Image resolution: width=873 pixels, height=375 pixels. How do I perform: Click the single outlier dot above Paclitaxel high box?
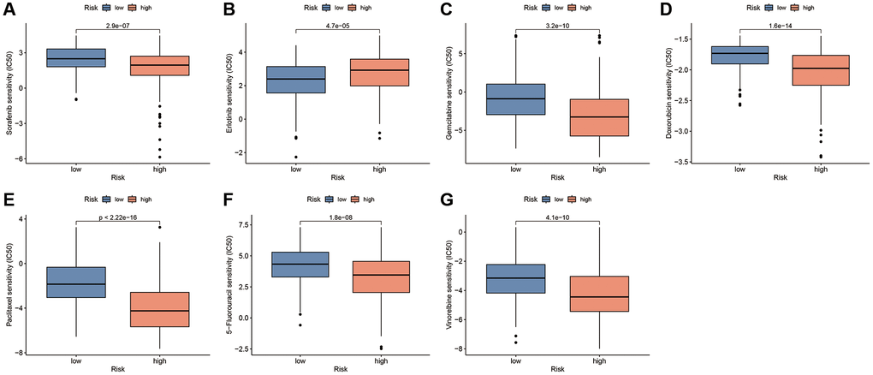click(x=159, y=227)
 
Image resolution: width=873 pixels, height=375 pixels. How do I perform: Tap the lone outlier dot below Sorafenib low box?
click(x=76, y=99)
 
